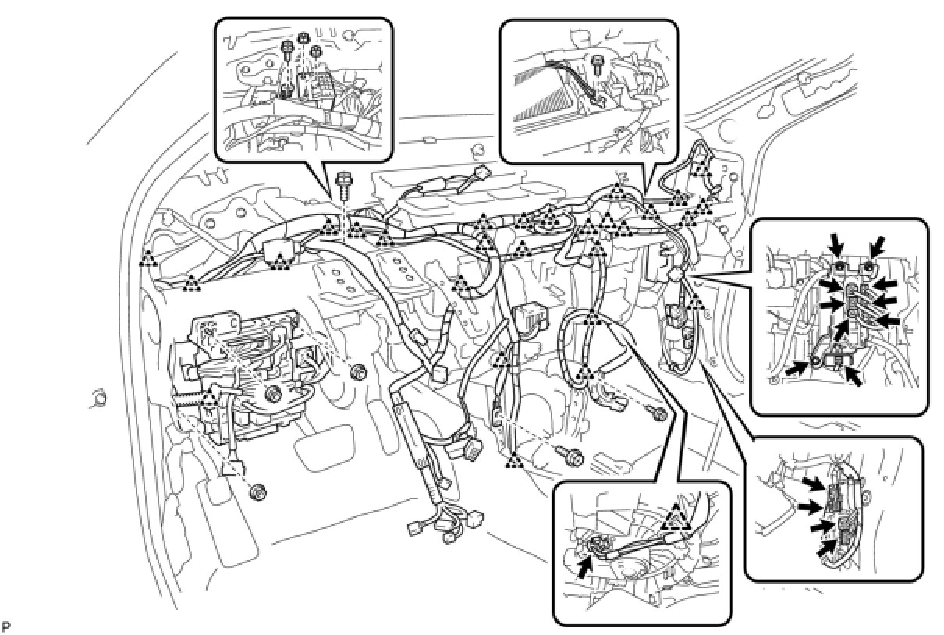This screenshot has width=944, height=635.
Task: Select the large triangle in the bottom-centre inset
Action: click(x=676, y=517)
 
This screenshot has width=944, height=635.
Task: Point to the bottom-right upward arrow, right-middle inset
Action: click(x=855, y=377)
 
